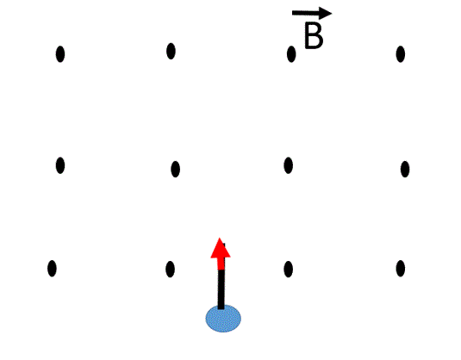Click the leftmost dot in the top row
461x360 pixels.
(x=60, y=54)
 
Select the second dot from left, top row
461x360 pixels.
(x=171, y=51)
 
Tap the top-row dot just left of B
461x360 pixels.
(x=291, y=54)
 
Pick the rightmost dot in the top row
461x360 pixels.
(x=401, y=54)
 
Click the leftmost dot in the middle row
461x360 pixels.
(x=60, y=165)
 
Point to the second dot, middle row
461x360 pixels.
(x=175, y=169)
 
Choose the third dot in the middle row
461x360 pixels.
(x=288, y=165)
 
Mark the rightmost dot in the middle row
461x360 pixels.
(x=405, y=169)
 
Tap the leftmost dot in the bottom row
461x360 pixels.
(x=52, y=269)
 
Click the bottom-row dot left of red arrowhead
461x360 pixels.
(x=170, y=269)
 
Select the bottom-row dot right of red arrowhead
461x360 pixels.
(x=288, y=269)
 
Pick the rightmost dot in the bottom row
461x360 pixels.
(x=401, y=269)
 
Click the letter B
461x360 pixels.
(x=314, y=35)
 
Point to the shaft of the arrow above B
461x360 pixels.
(x=306, y=13)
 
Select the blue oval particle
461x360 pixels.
(x=223, y=319)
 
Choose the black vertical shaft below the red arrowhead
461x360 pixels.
(x=221, y=289)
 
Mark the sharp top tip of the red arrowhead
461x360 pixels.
(x=220, y=238)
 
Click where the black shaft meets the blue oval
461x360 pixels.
(x=221, y=308)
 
